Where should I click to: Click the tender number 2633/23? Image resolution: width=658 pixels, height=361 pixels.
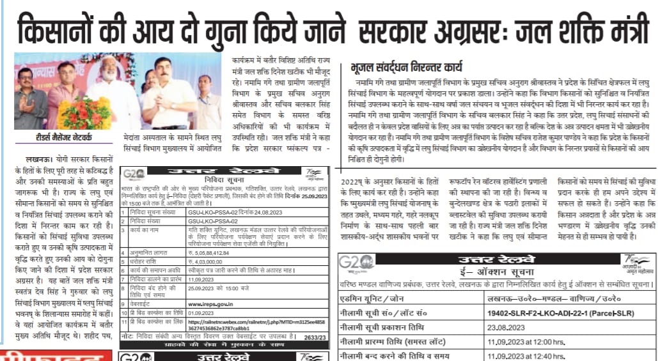point(315,337)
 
